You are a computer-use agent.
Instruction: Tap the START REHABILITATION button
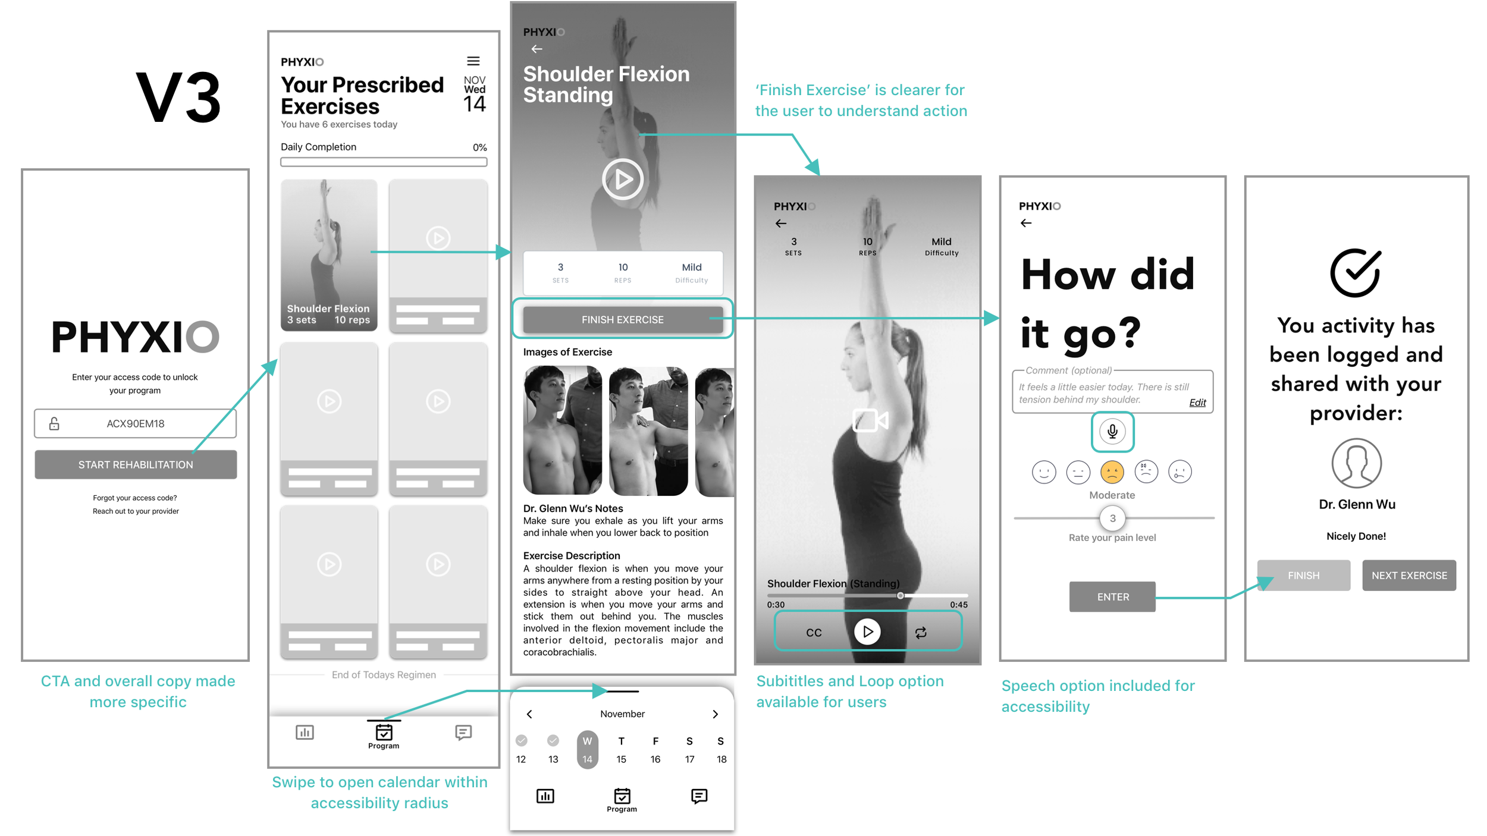136,464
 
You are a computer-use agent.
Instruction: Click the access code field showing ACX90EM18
135,423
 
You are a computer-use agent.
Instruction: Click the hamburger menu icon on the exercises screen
473,61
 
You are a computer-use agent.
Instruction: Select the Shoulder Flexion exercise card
329,255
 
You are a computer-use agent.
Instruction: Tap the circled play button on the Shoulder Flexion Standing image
623,179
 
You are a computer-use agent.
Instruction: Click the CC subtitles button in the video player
814,633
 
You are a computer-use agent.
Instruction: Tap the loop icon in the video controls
921,633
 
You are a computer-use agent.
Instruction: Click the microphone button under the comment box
1112,431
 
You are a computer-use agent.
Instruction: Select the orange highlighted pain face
1112,472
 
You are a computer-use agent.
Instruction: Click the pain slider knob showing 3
1112,518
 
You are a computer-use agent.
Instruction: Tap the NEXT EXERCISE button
1409,575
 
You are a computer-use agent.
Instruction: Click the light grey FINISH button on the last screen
1304,575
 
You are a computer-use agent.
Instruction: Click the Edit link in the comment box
1197,403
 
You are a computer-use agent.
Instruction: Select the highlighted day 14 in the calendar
587,750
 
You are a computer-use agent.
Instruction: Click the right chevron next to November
716,714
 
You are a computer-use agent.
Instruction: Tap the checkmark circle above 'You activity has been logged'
1356,272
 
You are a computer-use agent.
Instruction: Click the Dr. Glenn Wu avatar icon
1357,463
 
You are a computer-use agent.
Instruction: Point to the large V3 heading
178,98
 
